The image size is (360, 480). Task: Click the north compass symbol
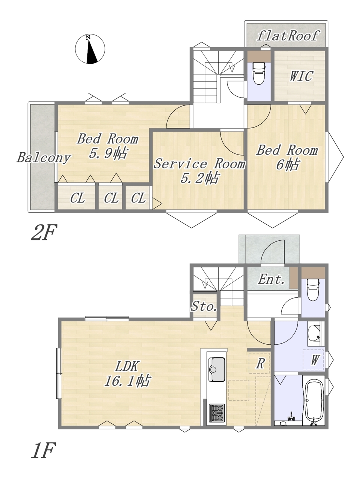90,49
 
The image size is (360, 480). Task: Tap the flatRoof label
288,36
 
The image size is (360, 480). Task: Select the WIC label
301,76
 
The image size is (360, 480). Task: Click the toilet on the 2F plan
259,73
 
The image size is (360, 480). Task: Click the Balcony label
44,157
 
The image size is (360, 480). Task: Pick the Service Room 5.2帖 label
199,171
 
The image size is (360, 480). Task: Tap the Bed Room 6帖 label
287,157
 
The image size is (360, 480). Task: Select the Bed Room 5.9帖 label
108,146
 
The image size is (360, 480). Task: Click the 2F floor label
44,232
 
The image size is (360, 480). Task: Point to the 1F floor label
43,450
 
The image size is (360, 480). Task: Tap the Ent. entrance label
271,279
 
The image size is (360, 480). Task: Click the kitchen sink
217,369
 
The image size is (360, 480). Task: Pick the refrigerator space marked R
259,363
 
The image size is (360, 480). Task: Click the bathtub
314,401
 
